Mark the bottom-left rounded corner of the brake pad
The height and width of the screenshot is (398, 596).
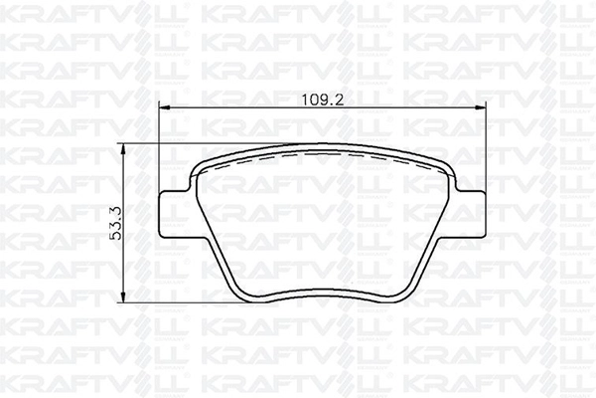click(x=243, y=296)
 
